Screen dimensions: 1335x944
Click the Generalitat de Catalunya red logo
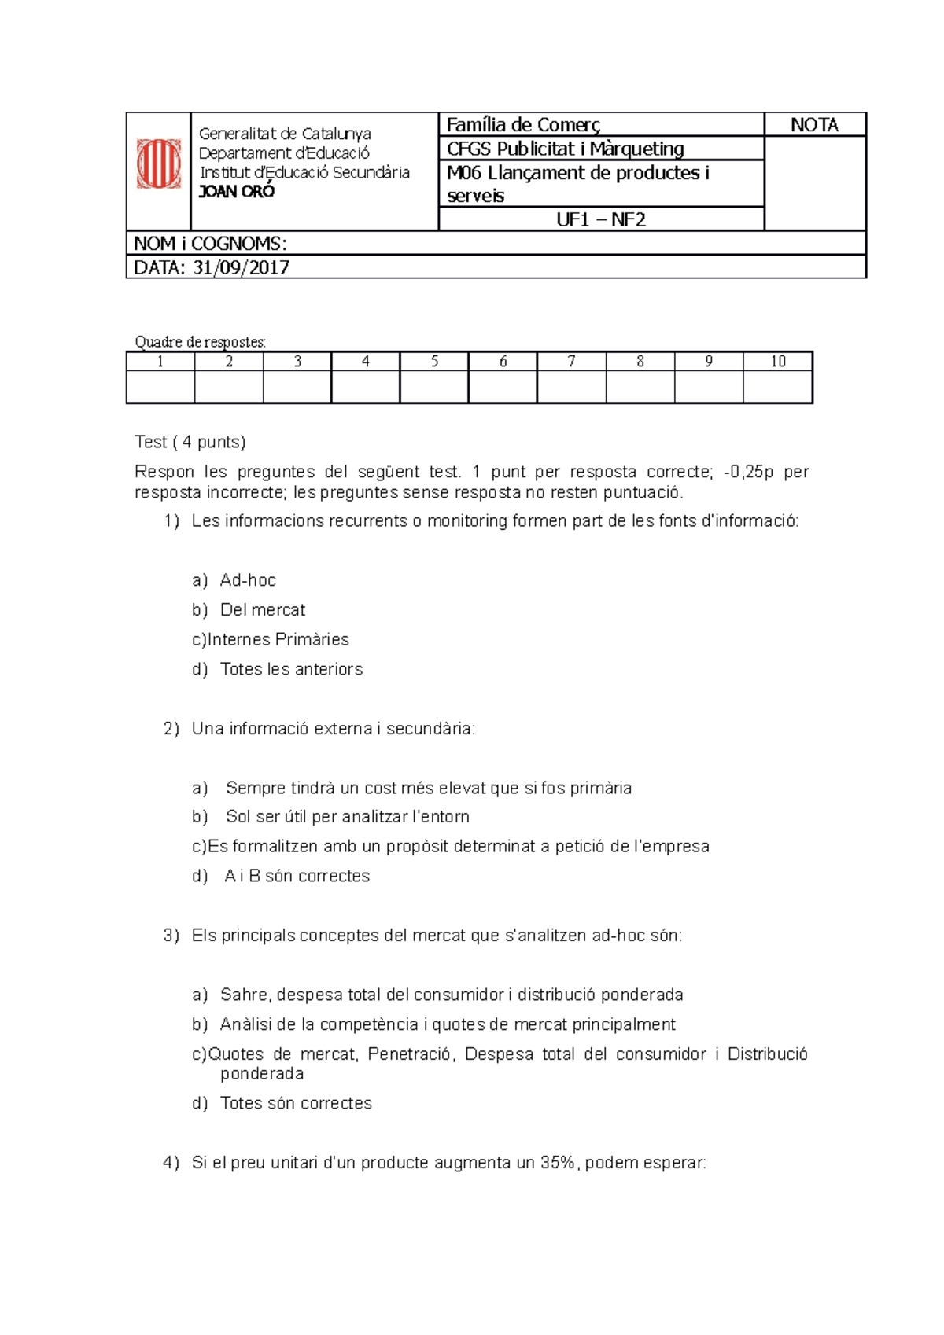click(x=159, y=164)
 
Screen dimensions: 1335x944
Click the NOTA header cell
click(x=814, y=125)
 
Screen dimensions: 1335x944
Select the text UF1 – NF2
click(x=601, y=219)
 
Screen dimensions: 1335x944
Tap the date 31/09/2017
click(x=242, y=267)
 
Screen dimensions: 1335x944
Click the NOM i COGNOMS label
click(x=210, y=244)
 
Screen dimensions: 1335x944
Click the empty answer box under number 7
click(x=571, y=387)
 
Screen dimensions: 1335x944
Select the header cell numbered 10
click(x=777, y=362)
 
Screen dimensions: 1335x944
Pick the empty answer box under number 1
click(x=160, y=387)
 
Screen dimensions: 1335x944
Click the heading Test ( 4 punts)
click(x=190, y=442)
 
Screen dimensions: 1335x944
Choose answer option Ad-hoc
click(x=248, y=580)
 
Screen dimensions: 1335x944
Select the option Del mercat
click(x=263, y=610)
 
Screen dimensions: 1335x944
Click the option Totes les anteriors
click(x=291, y=669)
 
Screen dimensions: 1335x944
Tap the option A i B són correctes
click(x=297, y=876)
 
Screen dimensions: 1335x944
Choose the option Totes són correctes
click(x=296, y=1103)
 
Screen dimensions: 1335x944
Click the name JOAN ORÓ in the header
click(x=237, y=192)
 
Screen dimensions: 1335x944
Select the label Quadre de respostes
click(x=200, y=342)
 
